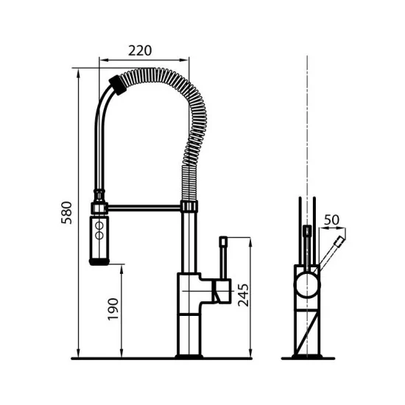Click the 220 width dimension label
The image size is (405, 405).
(140, 50)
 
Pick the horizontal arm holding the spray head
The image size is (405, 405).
(144, 208)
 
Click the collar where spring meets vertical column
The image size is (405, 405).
(189, 207)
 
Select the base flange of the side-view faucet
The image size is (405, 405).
(190, 356)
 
